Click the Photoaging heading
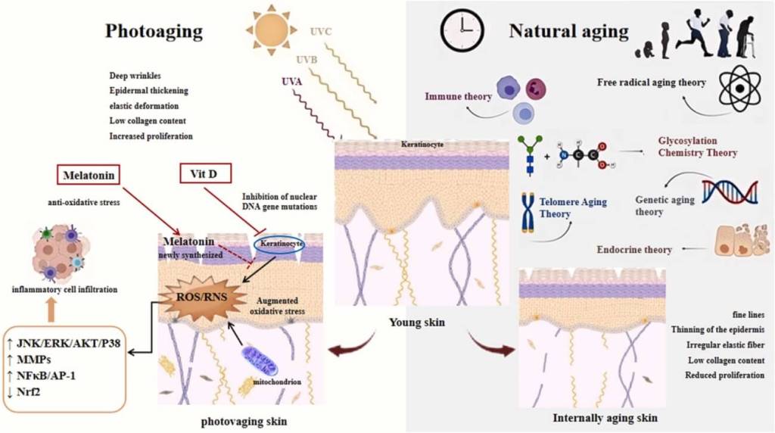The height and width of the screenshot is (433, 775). pos(154,31)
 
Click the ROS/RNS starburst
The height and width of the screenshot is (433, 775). pos(198,293)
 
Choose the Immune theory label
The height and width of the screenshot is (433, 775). pos(459,97)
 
